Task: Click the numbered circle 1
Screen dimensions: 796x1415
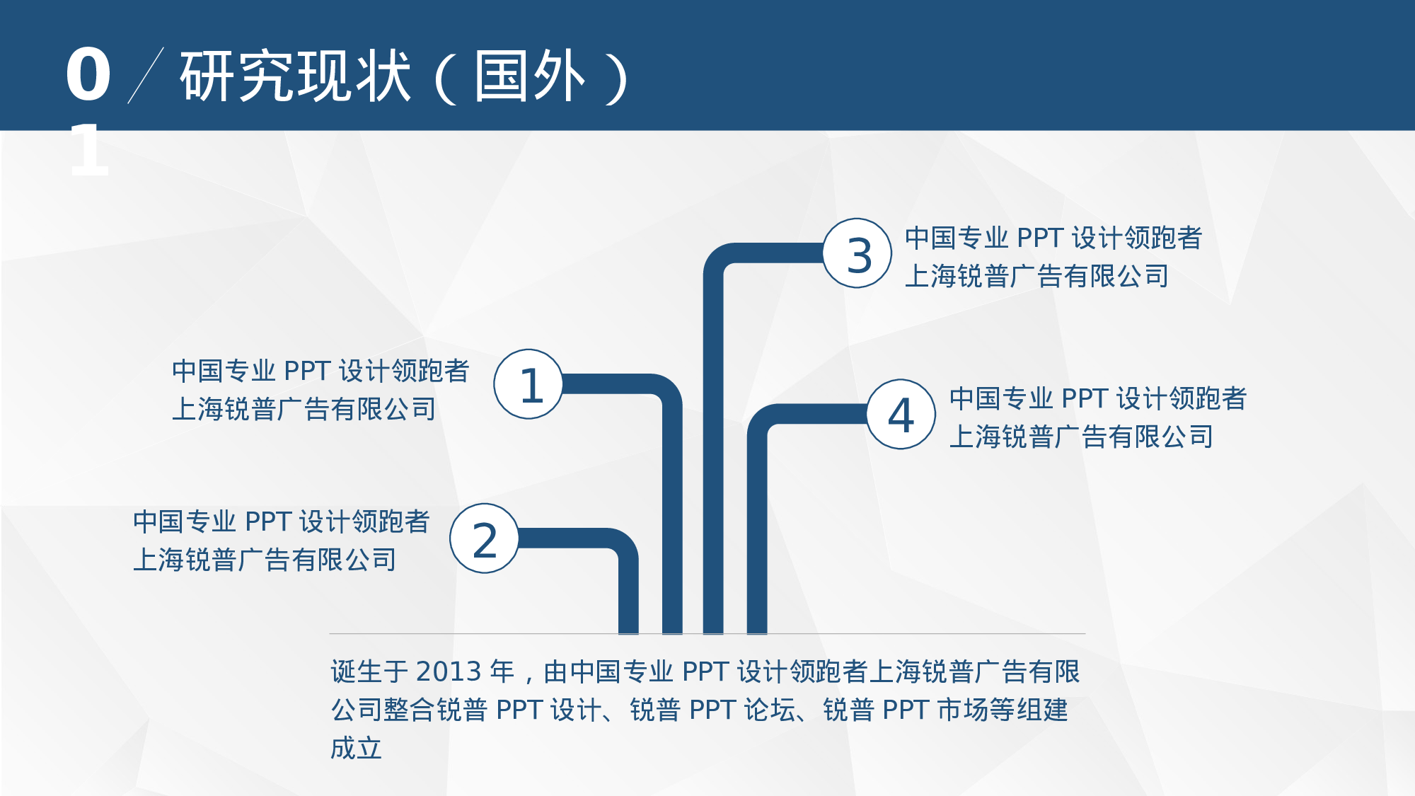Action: (x=529, y=384)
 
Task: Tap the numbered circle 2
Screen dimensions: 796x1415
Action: (x=485, y=538)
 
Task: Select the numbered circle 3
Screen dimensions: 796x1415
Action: (x=857, y=253)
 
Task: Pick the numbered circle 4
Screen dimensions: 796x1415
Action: (x=901, y=414)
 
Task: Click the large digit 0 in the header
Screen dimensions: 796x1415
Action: (x=88, y=75)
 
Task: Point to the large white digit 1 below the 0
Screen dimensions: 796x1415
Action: (x=88, y=150)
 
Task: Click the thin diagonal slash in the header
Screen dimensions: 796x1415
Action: (x=146, y=76)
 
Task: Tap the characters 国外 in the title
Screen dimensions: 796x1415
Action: (x=530, y=76)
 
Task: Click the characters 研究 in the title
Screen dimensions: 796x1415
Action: (x=237, y=76)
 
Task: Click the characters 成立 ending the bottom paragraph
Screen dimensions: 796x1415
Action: (x=357, y=748)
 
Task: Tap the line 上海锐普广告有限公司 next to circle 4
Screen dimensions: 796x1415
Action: (x=1081, y=437)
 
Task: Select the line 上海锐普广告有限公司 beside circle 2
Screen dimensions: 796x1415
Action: (x=265, y=560)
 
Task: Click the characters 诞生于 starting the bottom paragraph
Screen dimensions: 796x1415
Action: (x=369, y=671)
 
